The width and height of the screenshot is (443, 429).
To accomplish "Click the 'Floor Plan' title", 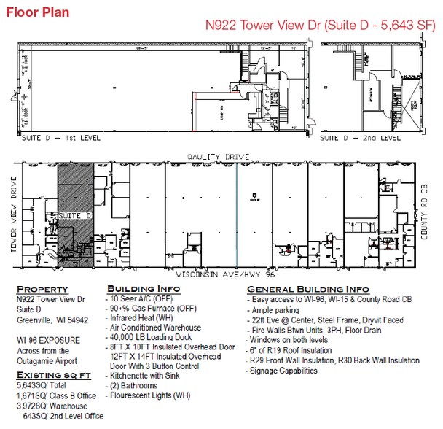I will pos(38,12).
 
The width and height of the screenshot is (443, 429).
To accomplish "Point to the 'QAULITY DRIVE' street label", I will pos(218,157).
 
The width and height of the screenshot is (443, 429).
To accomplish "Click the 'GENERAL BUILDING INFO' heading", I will pos(307,289).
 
